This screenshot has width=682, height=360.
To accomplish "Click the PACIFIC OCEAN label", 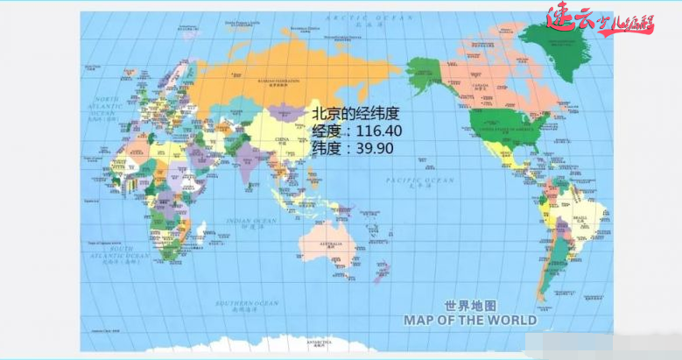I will (x=421, y=180).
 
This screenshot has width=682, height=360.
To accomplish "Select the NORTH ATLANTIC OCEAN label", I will (x=105, y=106).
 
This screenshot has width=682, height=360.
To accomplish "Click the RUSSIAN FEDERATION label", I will (x=278, y=80).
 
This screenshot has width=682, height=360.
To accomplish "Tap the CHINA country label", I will (x=283, y=139).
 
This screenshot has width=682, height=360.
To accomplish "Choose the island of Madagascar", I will (x=200, y=232).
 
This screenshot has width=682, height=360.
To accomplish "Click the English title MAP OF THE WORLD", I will (x=468, y=320).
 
